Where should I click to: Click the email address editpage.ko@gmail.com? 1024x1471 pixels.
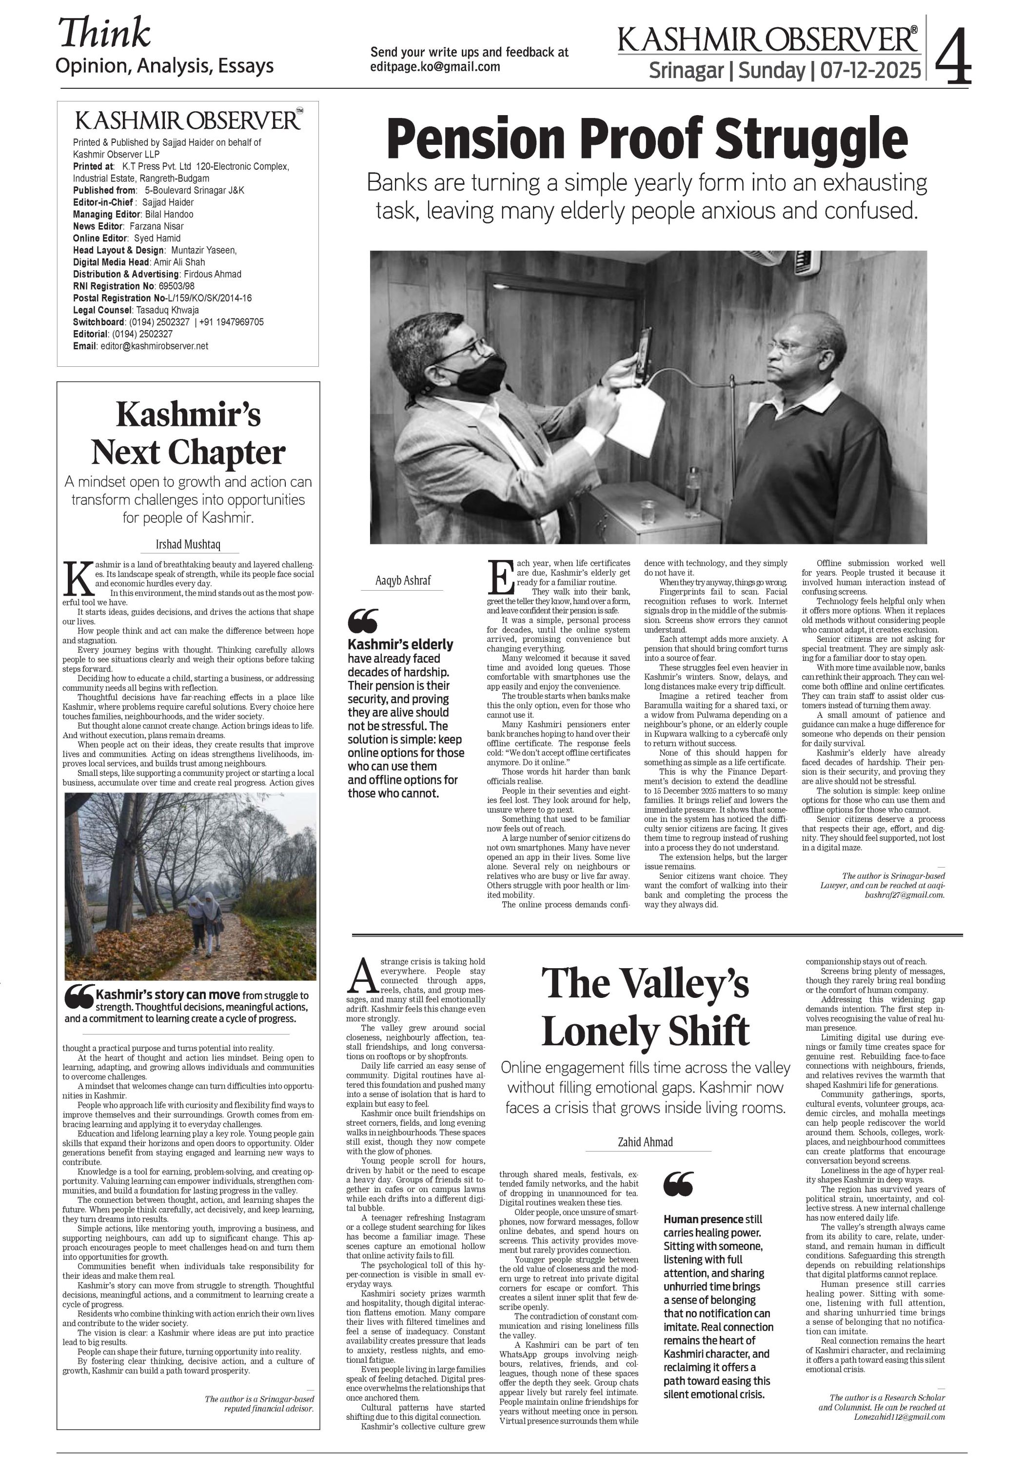(435, 67)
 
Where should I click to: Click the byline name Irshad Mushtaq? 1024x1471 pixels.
(188, 545)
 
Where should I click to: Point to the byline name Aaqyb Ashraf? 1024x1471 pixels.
(403, 580)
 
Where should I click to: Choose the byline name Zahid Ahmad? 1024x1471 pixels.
(645, 1141)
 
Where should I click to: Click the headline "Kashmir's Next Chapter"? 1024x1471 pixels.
(188, 434)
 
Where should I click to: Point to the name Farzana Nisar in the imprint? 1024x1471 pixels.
(156, 226)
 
